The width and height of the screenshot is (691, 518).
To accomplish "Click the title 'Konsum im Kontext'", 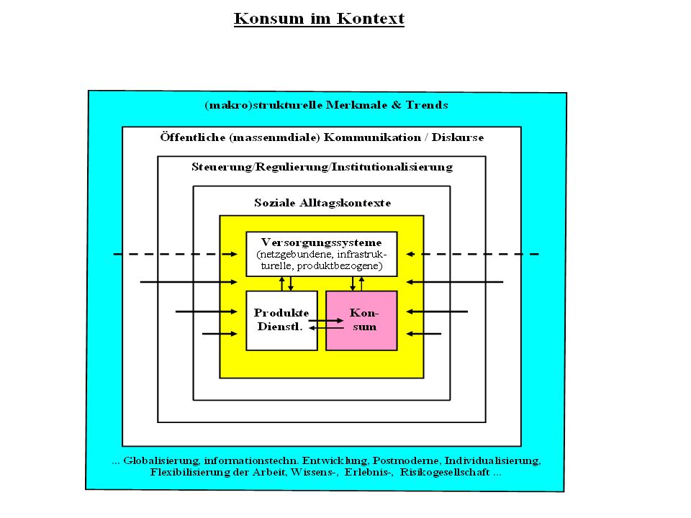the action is pos(319,19).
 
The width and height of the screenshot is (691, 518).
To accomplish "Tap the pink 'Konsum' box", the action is pos(361,321).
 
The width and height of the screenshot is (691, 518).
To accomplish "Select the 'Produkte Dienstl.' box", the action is pos(281,321).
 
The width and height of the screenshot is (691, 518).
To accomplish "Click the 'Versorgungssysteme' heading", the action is pos(321,242).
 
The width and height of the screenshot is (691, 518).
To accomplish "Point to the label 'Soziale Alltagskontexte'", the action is pos(322,203).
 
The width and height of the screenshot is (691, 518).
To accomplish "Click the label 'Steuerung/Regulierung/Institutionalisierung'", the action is pos(322,167).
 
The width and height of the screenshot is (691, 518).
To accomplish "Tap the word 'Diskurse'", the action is pos(458,137).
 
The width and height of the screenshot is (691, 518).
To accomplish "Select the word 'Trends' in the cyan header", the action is pos(427,105).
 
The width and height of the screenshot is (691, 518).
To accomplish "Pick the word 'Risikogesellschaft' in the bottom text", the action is pos(445,472).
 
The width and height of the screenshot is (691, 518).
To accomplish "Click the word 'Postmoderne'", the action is pos(406,460).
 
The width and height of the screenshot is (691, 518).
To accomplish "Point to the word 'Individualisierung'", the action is pos(492,460).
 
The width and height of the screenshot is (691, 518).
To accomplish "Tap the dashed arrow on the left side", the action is pos(176,254).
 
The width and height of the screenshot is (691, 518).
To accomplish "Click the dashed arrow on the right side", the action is pos(472,254).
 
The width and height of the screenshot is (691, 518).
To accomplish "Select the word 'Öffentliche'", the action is pos(193,137).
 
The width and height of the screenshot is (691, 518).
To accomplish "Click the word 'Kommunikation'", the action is pos(372,137).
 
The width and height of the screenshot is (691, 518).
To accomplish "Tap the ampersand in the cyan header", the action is pos(397,105).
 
